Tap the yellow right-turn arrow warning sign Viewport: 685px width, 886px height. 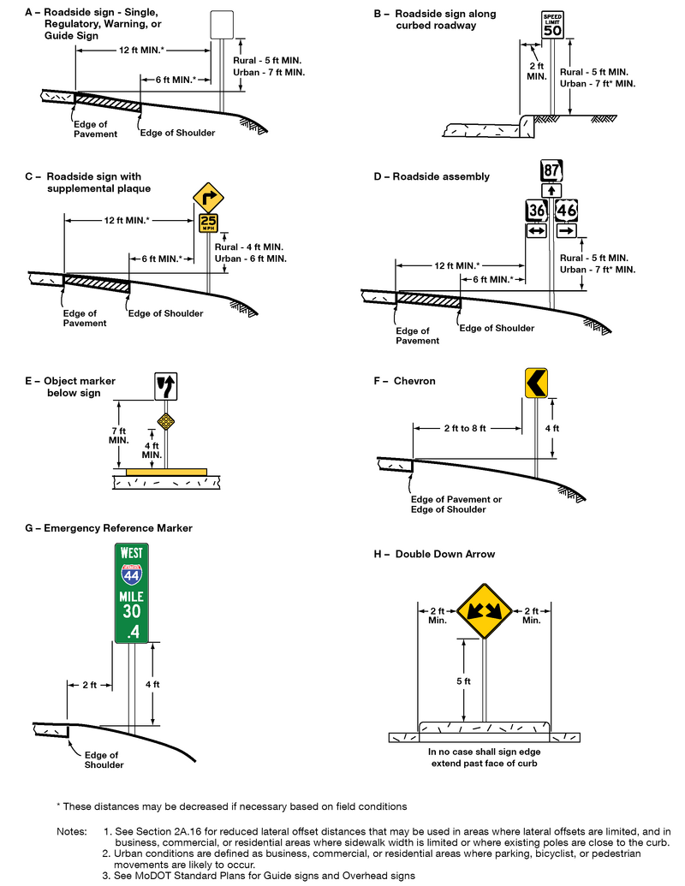tap(208, 198)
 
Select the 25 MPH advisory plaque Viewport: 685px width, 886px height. tap(208, 223)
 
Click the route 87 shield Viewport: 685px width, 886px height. tap(551, 170)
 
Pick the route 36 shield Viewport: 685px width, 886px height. tap(536, 211)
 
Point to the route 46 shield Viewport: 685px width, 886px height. tap(567, 211)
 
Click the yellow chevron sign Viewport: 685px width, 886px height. tap(537, 383)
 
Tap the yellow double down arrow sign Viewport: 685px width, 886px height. tap(484, 611)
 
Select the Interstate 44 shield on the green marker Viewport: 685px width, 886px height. tap(132, 574)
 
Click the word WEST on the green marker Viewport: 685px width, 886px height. tap(132, 554)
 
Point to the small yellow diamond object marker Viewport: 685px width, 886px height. tap(165, 420)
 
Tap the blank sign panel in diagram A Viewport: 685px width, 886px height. tap(222, 24)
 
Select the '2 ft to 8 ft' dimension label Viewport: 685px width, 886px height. tap(464, 428)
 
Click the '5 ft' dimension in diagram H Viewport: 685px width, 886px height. tap(463, 681)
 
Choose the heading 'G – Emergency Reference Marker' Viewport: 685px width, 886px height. tap(109, 528)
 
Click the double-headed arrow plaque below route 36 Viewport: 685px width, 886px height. tap(536, 231)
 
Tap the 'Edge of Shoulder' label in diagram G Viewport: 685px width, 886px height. tap(104, 759)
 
